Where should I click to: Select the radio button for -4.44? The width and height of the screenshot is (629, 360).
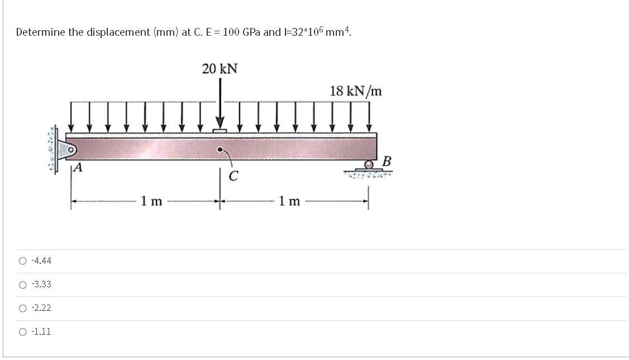point(22,261)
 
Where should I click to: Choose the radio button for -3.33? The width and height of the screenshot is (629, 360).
point(22,285)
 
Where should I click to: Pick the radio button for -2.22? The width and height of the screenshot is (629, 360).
point(22,308)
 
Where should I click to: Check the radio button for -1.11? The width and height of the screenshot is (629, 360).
point(22,332)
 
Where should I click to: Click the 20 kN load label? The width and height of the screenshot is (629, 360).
point(220,69)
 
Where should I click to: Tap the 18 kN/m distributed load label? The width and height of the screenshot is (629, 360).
point(356,91)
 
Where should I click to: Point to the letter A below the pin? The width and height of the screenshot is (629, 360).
point(79,167)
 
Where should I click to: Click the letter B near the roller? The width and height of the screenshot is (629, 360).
point(387,162)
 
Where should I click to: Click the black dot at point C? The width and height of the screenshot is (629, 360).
point(220,150)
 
